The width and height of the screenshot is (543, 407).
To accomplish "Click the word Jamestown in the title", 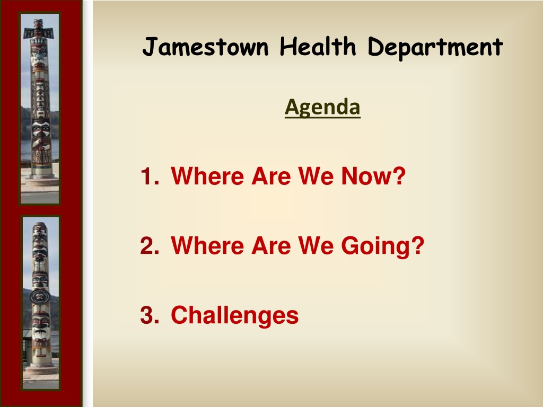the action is click(205, 47).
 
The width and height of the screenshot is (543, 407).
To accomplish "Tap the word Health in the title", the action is click(318, 47).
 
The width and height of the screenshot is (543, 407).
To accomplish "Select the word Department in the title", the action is click(435, 48).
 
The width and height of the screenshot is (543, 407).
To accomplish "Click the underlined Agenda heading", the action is click(322, 107).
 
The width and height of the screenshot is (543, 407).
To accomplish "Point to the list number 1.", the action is click(150, 176).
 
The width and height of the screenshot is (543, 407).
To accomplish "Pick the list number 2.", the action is click(150, 245).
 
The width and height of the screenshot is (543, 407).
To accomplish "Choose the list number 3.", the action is click(150, 315).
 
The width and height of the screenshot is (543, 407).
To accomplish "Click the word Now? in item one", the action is click(373, 176).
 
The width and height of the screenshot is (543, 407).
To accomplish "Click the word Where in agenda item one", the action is click(207, 176).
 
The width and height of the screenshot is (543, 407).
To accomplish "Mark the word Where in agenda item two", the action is click(207, 245).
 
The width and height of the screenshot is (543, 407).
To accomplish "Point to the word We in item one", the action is click(316, 176).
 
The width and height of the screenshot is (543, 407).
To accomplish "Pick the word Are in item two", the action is click(271, 245).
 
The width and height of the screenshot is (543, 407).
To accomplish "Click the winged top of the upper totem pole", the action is click(39, 30).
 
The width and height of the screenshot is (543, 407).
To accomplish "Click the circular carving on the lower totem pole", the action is click(40, 297).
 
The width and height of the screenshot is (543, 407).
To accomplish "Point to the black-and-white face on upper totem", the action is click(41, 128).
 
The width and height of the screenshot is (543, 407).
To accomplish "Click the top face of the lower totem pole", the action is click(40, 229).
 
